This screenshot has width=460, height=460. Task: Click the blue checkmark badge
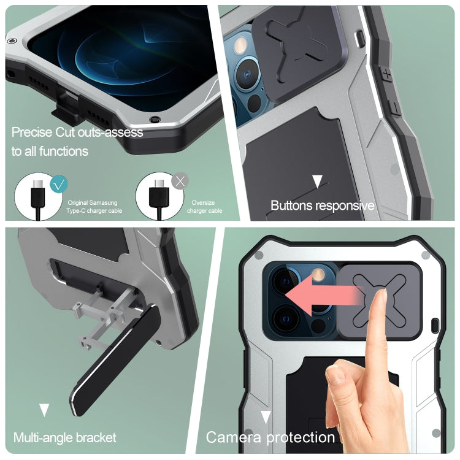click(x=59, y=183)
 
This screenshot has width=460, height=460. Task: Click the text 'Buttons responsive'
click(x=322, y=205)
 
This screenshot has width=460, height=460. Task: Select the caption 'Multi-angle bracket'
click(x=64, y=437)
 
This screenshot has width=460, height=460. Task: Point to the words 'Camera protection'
click(x=270, y=437)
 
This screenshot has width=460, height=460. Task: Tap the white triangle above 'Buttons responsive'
click(x=317, y=181)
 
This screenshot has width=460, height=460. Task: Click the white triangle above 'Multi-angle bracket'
click(x=44, y=410)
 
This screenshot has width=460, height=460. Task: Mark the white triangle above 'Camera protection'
click(x=266, y=418)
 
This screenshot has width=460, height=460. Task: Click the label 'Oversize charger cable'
click(x=205, y=207)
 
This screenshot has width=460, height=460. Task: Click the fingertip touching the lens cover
click(x=381, y=296)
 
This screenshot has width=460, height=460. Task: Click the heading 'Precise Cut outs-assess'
click(x=77, y=132)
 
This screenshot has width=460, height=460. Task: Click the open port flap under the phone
click(x=64, y=111)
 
